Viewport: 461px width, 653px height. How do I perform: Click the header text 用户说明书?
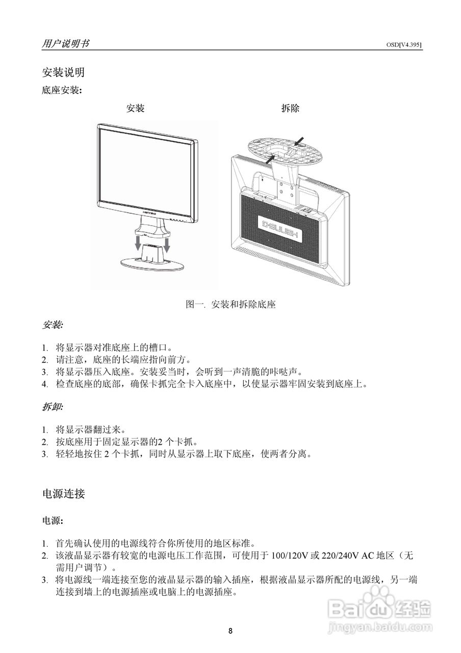[x=65, y=43]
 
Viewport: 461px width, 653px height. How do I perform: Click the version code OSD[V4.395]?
[x=404, y=45]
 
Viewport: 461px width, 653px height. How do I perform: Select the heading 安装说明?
[x=63, y=72]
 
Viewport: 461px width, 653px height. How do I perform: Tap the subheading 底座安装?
[x=61, y=90]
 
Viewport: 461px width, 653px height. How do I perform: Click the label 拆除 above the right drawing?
[x=290, y=108]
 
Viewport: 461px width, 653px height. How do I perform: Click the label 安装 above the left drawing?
[x=135, y=108]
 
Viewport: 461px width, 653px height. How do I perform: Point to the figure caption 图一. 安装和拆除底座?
[x=231, y=305]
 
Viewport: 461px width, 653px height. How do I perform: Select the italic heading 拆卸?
[x=53, y=408]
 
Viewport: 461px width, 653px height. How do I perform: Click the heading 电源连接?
[x=63, y=493]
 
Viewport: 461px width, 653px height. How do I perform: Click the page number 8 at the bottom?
[x=231, y=631]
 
